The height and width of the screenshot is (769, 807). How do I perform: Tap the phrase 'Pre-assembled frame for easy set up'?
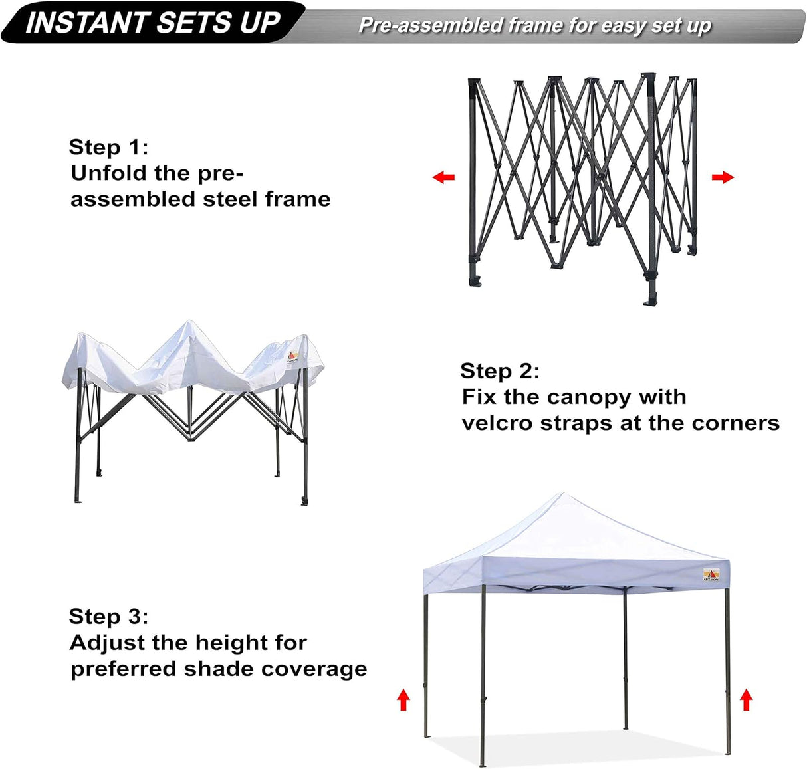[534, 25]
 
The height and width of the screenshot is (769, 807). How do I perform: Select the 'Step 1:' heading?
[108, 147]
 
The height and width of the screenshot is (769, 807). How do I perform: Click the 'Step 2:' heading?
[499, 371]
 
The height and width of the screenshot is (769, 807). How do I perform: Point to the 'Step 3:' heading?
[108, 617]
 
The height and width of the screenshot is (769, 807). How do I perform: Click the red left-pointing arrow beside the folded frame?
[443, 177]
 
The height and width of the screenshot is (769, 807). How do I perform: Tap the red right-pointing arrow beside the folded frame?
[723, 177]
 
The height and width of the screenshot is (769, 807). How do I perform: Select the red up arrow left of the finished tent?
[403, 700]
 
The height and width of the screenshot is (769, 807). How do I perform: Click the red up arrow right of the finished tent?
[746, 700]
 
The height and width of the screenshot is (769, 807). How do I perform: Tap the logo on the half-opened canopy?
[292, 358]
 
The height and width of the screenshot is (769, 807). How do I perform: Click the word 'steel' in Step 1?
[231, 199]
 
